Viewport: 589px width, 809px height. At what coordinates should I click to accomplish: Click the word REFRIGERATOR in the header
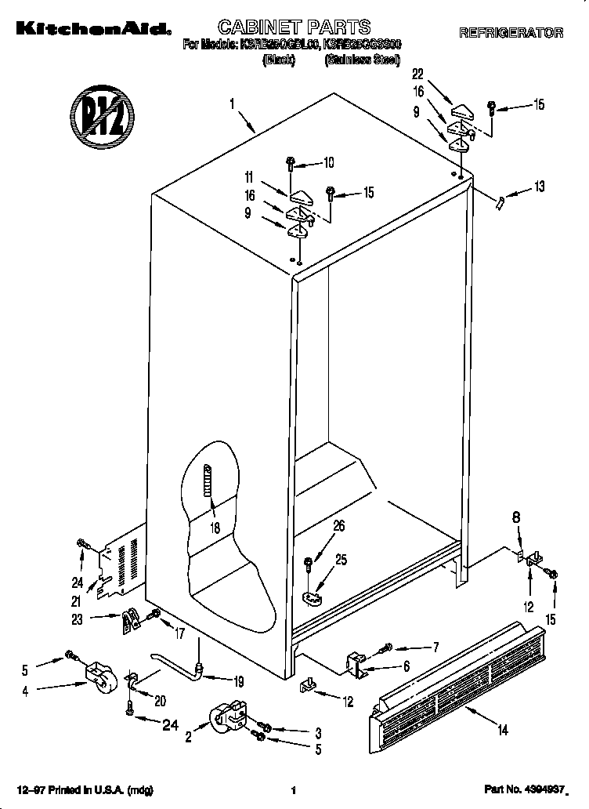pos(511,33)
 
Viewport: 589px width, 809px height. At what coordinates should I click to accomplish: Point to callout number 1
pos(233,103)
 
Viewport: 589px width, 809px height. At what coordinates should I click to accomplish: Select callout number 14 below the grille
pos(502,731)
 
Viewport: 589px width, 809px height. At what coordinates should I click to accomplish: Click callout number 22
pos(417,74)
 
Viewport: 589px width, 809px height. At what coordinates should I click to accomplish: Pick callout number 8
pos(515,517)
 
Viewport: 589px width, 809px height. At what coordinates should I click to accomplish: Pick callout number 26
pos(338,526)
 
